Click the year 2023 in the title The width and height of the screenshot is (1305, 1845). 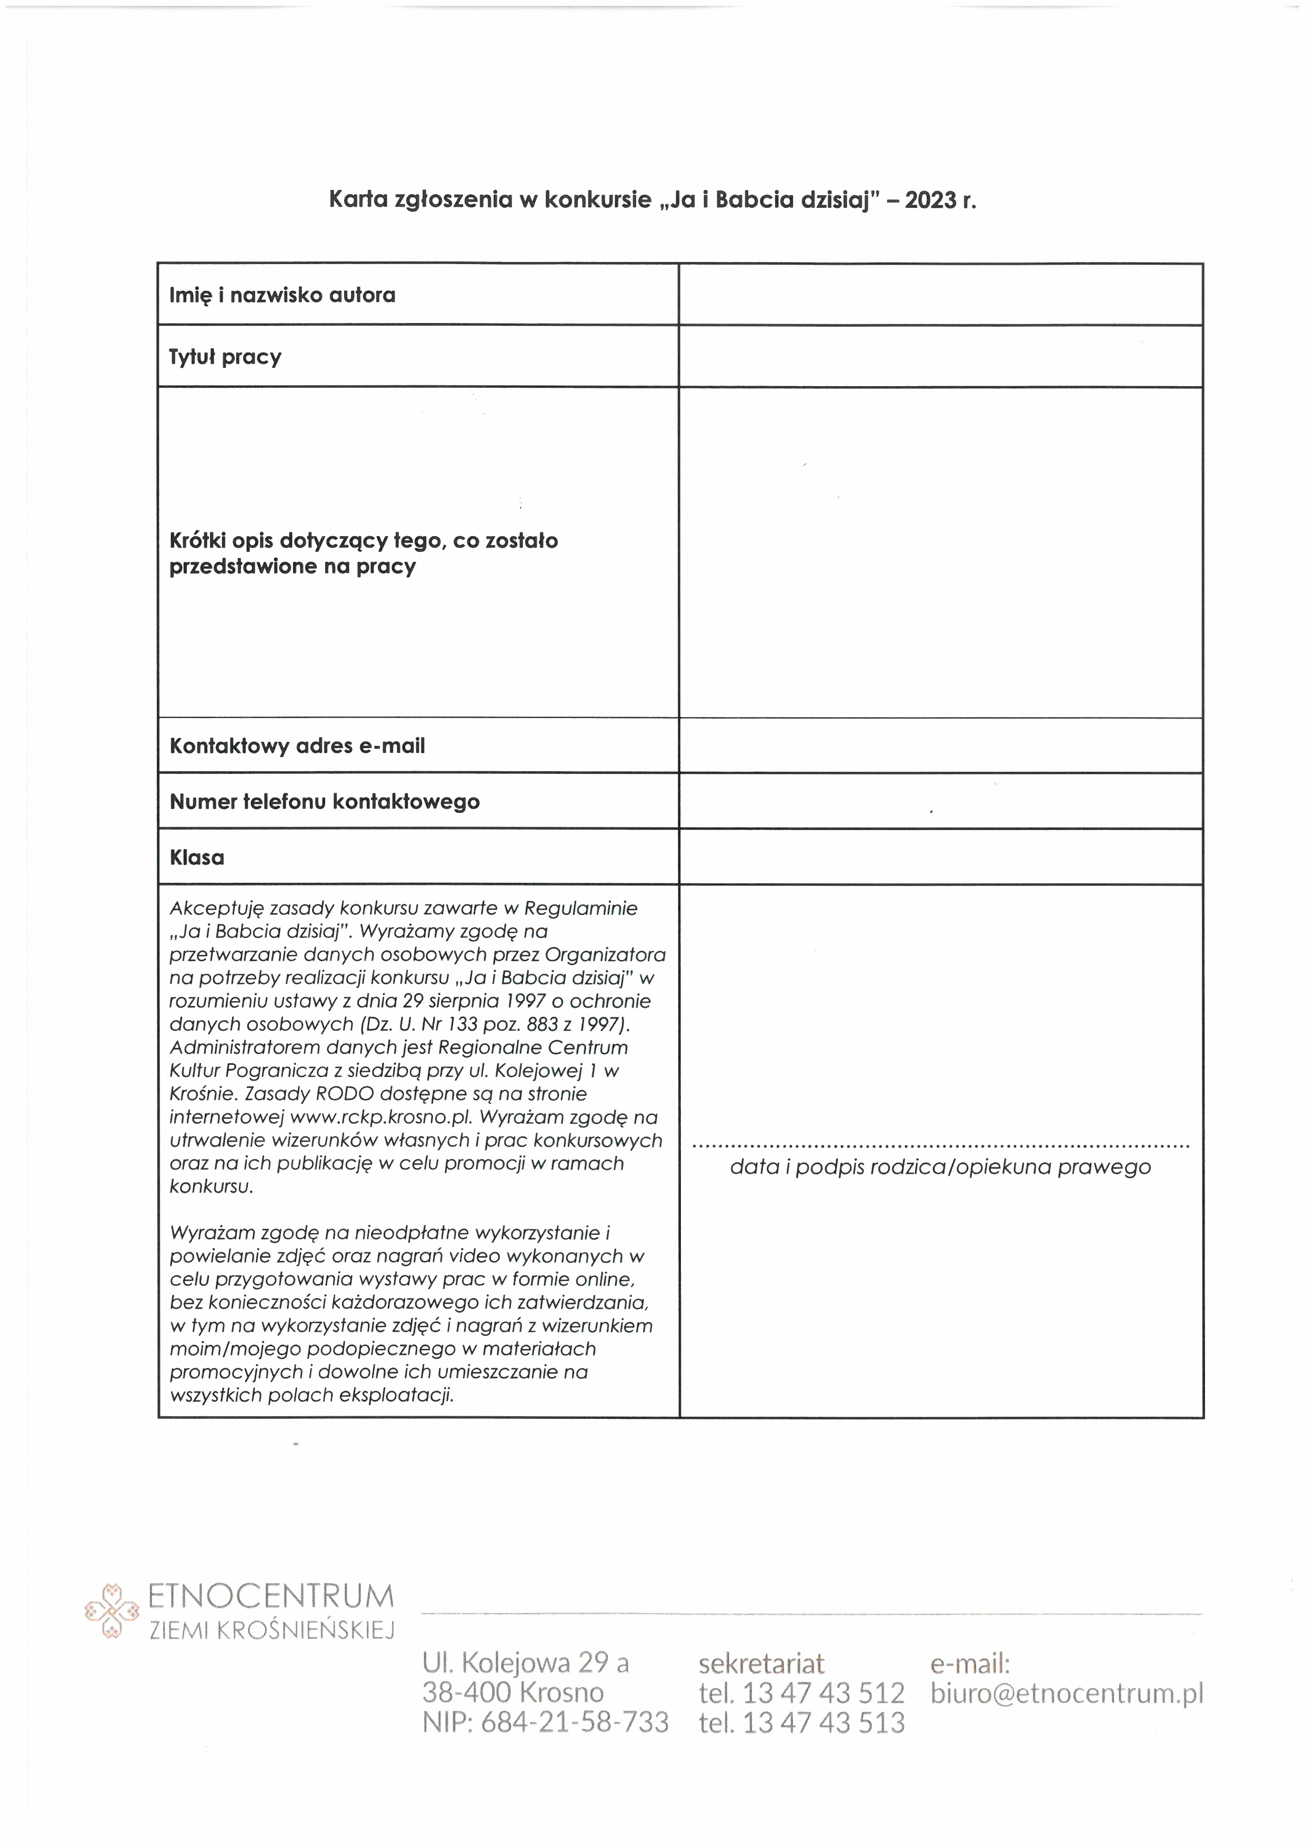coord(930,200)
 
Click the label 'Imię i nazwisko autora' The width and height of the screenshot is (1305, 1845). coord(282,295)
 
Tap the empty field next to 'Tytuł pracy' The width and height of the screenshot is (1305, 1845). coord(940,356)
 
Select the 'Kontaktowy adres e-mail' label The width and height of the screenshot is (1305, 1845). coord(297,745)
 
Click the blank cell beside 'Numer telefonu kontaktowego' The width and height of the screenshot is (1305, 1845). coord(940,801)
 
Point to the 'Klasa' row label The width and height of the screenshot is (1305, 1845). coord(197,858)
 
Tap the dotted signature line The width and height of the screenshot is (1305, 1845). coord(940,1146)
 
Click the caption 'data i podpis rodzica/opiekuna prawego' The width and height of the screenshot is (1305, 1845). coord(940,1167)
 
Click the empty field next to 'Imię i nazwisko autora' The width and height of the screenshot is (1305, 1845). coord(940,294)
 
